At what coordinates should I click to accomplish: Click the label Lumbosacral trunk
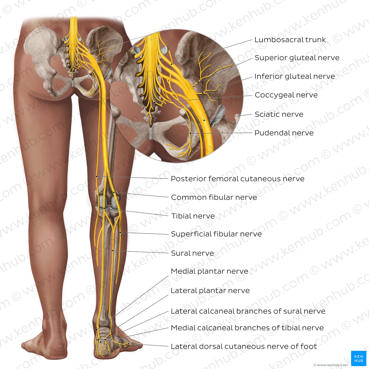[x=290, y=40]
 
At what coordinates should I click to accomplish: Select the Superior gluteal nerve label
[x=297, y=58]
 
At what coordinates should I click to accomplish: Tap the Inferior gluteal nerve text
[x=295, y=76]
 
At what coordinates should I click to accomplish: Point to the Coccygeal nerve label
[x=286, y=95]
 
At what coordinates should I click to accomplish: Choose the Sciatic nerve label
[x=279, y=114]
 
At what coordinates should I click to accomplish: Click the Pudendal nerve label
[x=284, y=133]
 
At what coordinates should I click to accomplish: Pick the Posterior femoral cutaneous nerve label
[x=237, y=179]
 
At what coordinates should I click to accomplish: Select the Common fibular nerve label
[x=214, y=197]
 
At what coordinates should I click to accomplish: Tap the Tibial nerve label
[x=193, y=216]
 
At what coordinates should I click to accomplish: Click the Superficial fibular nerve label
[x=216, y=234]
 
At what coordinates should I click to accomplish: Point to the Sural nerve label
[x=192, y=253]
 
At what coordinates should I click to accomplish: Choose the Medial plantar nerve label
[x=210, y=271]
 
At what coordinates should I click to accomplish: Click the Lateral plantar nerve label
[x=210, y=291]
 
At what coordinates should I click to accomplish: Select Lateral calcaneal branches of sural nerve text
[x=248, y=311]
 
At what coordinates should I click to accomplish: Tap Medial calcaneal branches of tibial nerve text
[x=247, y=328]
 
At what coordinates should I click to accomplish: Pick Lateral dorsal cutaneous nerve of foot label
[x=244, y=346]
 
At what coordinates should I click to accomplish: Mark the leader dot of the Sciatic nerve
[x=204, y=120]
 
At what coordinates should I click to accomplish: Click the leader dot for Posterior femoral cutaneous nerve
[x=97, y=176]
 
